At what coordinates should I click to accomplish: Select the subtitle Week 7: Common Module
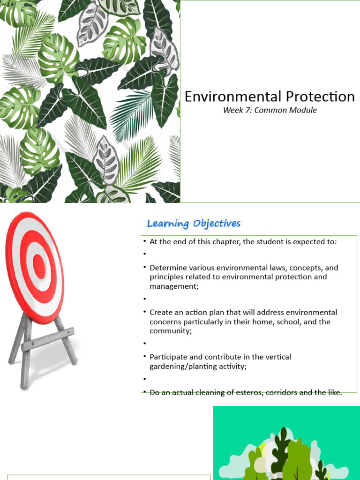tap(270, 111)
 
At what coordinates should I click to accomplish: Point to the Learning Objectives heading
tap(194, 224)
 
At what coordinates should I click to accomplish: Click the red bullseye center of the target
tap(39, 266)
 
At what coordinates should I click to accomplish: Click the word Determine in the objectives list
tap(167, 268)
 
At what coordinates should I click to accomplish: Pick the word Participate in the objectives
tap(168, 357)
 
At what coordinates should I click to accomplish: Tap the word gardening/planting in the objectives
tap(183, 367)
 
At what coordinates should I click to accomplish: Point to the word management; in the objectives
tap(174, 286)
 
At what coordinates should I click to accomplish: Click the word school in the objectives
tap(287, 322)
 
